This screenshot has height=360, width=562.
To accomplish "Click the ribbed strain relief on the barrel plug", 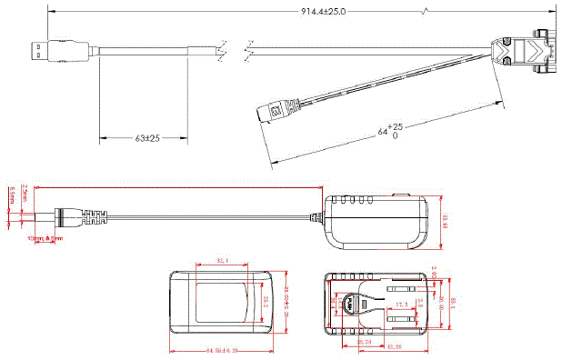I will (92, 217).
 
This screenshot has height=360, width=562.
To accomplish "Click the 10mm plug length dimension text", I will (45, 238).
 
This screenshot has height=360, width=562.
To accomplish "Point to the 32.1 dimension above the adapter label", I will (222, 262).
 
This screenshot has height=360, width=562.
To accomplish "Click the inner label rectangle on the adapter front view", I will (221, 303).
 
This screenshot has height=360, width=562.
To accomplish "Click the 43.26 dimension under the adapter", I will (393, 347).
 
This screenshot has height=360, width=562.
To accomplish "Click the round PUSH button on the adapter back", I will (349, 306).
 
